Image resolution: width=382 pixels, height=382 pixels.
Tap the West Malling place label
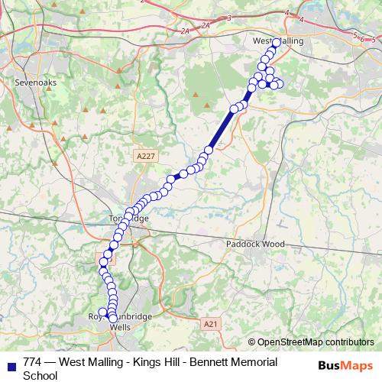point(278,40)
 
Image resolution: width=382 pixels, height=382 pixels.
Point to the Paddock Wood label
point(255,244)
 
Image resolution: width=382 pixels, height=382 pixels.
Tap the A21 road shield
point(212,325)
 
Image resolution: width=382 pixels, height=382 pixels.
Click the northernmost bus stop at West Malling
point(277,43)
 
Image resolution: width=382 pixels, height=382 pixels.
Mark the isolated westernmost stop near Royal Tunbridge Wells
point(102,312)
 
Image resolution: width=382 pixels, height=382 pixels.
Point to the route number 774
point(34,362)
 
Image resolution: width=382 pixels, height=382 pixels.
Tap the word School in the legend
point(40,375)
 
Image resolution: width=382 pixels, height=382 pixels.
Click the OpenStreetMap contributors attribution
point(315,342)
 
